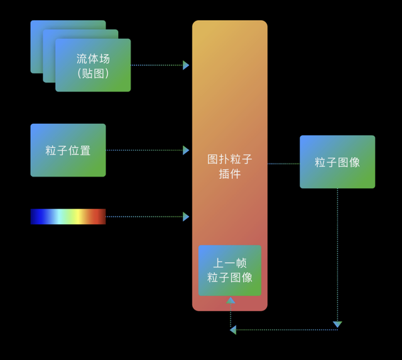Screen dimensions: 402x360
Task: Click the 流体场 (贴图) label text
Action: pos(93,66)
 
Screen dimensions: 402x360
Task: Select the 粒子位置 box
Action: pos(68,150)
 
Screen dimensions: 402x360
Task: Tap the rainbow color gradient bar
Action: pos(68,217)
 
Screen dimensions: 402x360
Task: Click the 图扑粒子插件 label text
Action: pos(230,166)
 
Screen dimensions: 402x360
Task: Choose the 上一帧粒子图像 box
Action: pos(230,271)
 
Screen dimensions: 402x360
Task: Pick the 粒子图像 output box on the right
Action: pos(337,162)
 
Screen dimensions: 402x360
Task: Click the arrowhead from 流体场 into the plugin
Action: pos(186,65)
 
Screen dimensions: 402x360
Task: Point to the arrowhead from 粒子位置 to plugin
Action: pos(186,150)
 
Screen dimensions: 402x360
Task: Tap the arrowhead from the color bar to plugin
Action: pos(186,217)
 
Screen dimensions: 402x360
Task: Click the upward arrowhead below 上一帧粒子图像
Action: pos(231,300)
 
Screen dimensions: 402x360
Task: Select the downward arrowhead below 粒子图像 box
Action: pos(337,324)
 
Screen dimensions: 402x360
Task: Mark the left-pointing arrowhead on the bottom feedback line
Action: pos(233,330)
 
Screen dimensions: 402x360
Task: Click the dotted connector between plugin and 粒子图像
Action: pos(283,163)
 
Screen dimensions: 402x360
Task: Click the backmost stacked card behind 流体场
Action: pos(68,25)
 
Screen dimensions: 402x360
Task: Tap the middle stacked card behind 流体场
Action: pos(80,34)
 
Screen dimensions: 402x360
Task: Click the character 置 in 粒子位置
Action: pos(85,151)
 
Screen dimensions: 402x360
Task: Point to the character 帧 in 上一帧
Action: pos(241,263)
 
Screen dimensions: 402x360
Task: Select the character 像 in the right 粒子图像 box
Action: pos(354,162)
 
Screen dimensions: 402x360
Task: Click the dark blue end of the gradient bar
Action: pos(36,217)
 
